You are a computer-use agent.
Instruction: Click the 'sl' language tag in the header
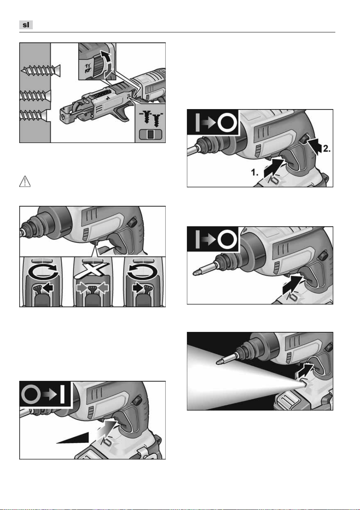(26, 25)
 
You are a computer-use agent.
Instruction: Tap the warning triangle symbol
(25, 181)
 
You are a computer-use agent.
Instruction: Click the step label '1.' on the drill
(254, 172)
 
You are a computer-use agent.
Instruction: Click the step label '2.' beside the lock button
(327, 149)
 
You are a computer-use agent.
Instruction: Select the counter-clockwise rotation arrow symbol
(142, 271)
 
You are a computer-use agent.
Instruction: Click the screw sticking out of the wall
(41, 70)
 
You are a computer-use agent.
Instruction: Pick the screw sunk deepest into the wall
(34, 115)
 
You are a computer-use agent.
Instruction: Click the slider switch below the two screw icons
(150, 134)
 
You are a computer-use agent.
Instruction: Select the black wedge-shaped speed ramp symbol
(73, 438)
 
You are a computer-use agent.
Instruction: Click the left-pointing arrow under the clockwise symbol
(47, 288)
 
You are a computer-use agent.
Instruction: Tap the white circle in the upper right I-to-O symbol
(227, 123)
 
